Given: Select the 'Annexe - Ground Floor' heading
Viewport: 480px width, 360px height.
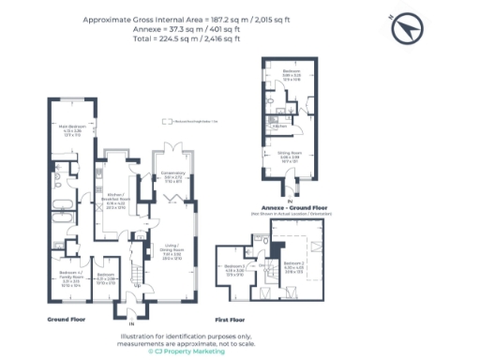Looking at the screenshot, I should tap(289, 210).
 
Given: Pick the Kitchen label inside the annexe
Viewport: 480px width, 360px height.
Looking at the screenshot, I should tap(278, 125).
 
